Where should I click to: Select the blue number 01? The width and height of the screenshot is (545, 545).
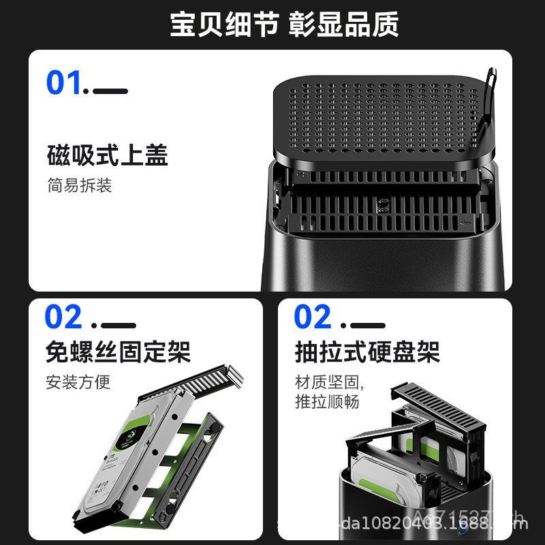pos(65,83)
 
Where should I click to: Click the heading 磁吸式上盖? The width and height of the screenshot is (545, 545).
pos(108,155)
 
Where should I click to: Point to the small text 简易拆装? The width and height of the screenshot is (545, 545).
pos(79,185)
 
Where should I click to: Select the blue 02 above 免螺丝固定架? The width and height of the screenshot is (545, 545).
pos(63,317)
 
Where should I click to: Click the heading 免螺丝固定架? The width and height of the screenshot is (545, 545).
pos(118,352)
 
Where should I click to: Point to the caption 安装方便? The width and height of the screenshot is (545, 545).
pos(78,381)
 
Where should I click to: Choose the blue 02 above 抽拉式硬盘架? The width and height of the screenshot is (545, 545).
pos(313,317)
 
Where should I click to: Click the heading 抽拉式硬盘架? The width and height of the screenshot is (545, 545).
pos(367,352)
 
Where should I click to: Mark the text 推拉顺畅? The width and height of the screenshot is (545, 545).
pos(326,401)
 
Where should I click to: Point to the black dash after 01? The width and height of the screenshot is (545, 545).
pos(110,91)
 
